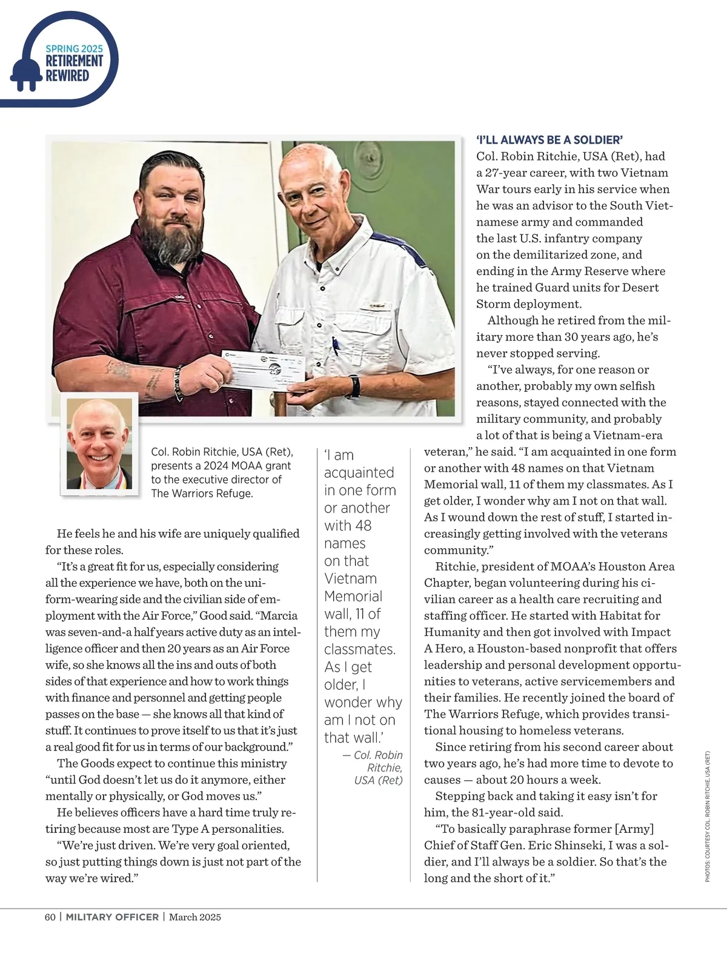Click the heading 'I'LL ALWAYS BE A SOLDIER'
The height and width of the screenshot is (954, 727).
tap(549, 140)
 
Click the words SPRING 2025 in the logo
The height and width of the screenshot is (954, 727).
tap(75, 48)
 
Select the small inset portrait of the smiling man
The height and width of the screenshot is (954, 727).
tap(99, 445)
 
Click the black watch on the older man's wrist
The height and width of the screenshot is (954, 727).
tap(354, 385)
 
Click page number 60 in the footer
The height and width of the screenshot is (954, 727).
tap(50, 916)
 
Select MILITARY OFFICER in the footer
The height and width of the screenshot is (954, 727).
tap(112, 916)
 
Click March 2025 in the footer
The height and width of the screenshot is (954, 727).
tap(195, 916)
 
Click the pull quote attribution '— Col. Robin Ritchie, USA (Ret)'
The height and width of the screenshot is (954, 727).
tap(376, 767)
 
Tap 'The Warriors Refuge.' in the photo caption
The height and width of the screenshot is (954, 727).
tap(202, 493)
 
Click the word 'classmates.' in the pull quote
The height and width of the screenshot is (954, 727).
tap(360, 649)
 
